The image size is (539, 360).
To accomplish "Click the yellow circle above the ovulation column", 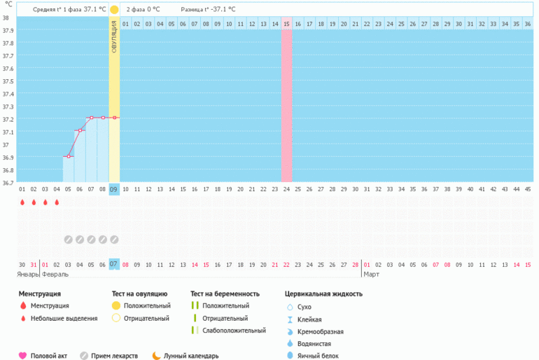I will point(114,10).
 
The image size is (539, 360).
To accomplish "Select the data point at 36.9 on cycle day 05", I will point(68,156).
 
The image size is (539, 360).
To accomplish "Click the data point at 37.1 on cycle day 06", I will point(80,130).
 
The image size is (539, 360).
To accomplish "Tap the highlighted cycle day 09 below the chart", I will point(114,189).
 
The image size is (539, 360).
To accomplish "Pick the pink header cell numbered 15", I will point(286,24).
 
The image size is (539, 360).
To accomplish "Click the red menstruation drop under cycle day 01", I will point(22,202).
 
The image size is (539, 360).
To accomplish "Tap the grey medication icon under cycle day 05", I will point(68,240).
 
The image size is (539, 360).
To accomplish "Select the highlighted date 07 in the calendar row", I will point(114,264).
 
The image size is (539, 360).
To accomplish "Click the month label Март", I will point(371,274).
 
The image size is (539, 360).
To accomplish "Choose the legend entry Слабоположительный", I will point(234,331).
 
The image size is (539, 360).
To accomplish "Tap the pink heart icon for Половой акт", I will point(22,356).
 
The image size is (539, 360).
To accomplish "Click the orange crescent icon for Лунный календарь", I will point(156,356).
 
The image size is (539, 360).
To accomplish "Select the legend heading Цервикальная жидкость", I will point(323,293).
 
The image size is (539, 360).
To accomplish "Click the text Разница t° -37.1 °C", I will point(208,10).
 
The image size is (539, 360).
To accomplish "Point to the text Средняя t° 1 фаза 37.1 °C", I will point(69,10).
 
